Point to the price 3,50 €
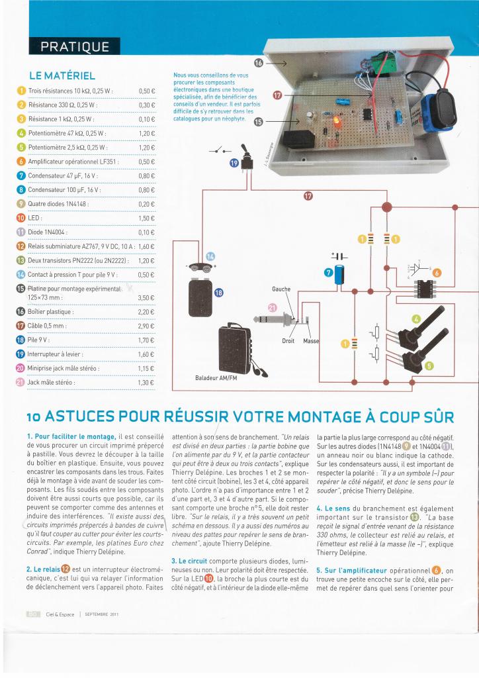click(146, 298)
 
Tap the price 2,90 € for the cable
click(146, 326)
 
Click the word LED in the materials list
click(35, 218)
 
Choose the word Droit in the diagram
click(288, 340)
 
